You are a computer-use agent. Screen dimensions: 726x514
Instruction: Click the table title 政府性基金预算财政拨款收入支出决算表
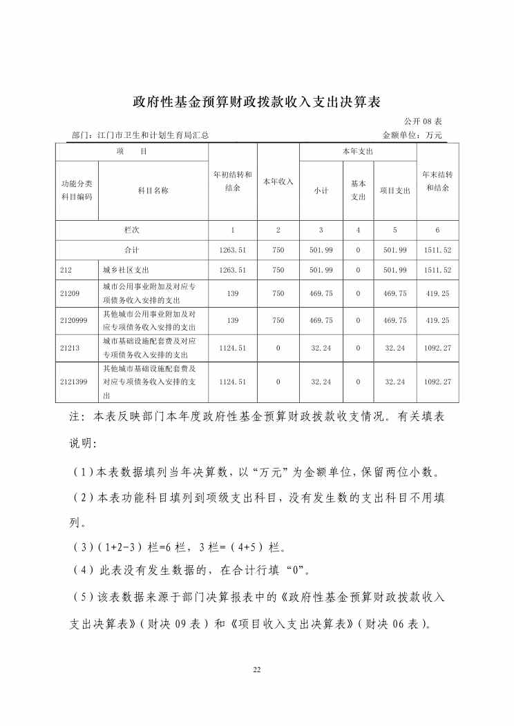pyautogui.click(x=256, y=102)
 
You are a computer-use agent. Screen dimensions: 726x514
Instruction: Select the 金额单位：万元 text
pyautogui.click(x=411, y=135)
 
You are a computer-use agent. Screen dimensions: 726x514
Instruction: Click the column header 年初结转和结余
pyautogui.click(x=233, y=181)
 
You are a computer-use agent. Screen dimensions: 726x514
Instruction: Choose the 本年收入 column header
pyautogui.click(x=278, y=181)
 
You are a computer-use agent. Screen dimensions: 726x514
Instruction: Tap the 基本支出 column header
pyautogui.click(x=358, y=190)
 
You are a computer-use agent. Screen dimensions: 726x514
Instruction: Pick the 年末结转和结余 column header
pyautogui.click(x=437, y=181)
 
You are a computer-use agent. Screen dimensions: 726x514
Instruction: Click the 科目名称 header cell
pyautogui.click(x=153, y=190)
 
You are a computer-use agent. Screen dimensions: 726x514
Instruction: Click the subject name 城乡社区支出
pyautogui.click(x=126, y=270)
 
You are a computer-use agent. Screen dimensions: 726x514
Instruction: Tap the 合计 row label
pyautogui.click(x=132, y=250)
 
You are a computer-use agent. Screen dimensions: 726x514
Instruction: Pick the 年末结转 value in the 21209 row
pyautogui.click(x=437, y=293)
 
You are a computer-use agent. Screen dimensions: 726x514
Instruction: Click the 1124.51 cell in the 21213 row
pyautogui.click(x=233, y=348)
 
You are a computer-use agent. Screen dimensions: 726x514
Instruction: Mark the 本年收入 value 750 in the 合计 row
pyautogui.click(x=278, y=250)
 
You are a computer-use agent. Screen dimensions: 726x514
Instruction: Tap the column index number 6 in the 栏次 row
pyautogui.click(x=437, y=230)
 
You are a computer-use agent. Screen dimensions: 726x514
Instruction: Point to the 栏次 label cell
pyautogui.click(x=132, y=230)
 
